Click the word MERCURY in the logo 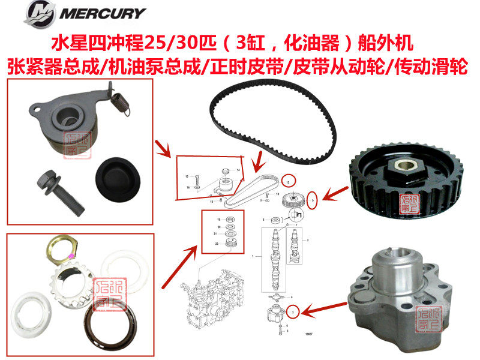(110, 13)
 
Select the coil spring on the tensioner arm (122, 103)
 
